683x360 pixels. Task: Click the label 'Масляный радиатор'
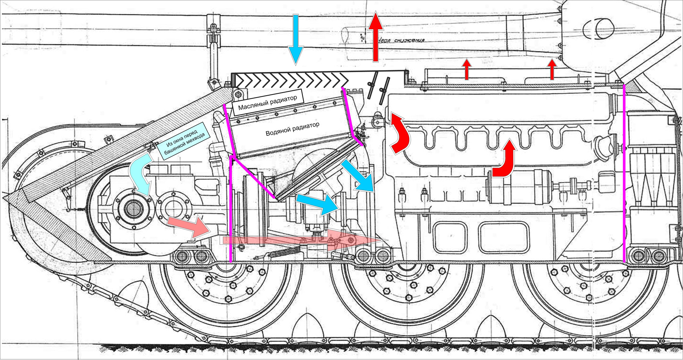[x=268, y=102]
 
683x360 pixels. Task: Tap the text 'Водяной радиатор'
[x=293, y=129]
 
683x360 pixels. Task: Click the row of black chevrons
[x=292, y=80]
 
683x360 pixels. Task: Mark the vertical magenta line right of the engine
[x=624, y=173]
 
